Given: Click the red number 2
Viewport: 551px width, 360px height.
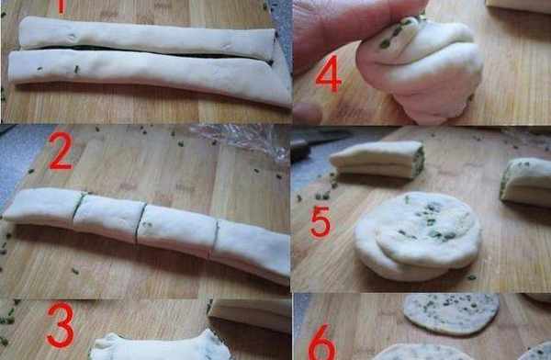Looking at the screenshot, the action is (61, 152).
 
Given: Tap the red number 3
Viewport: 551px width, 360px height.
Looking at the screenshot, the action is (61, 324).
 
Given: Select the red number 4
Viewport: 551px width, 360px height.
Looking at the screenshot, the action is (329, 73).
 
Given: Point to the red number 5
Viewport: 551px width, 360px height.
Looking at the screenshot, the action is (320, 222).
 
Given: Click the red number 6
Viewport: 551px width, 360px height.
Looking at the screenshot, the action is (322, 343).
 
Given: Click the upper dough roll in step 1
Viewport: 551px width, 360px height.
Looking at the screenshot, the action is (147, 38).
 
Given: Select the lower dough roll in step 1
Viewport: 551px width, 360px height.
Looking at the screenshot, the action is (150, 75).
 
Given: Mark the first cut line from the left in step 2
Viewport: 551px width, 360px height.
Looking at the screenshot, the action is (79, 206).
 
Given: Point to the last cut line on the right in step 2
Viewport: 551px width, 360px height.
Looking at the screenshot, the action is (215, 239).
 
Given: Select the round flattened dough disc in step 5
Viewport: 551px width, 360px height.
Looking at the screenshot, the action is (418, 236).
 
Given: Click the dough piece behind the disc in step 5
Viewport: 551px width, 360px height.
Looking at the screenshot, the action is (377, 159).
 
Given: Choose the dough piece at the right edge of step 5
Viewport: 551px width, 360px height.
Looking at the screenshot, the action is (526, 182).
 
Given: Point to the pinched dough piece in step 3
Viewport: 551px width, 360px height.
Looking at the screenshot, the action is (160, 346).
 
